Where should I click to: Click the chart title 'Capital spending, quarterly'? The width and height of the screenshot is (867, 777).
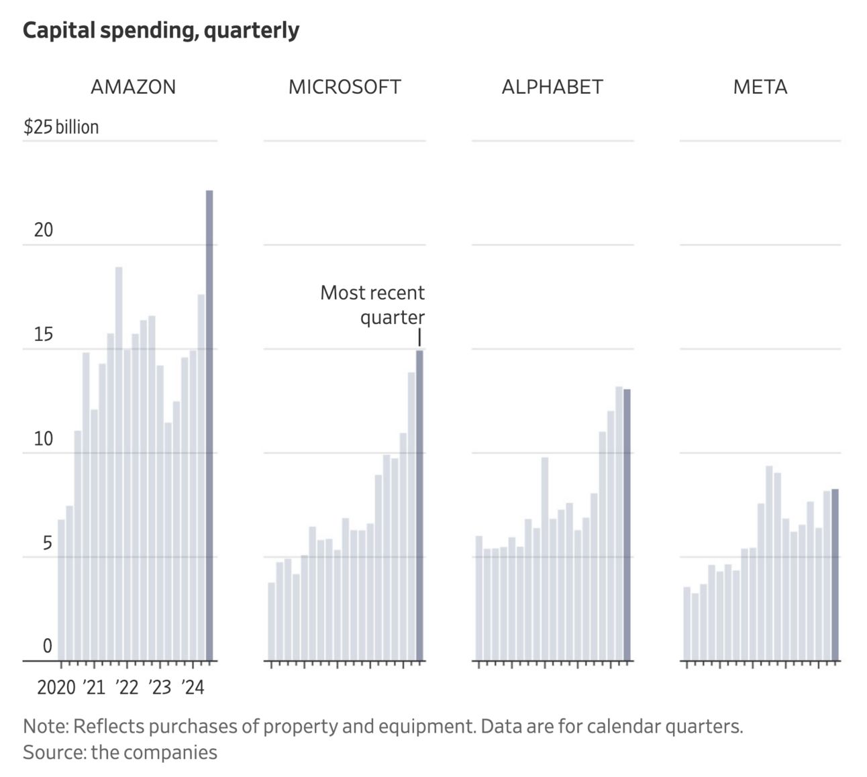(161, 30)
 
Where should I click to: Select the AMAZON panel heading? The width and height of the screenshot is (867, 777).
(133, 87)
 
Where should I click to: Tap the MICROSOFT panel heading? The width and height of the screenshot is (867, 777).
(344, 87)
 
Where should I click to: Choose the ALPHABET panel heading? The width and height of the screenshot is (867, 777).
(552, 87)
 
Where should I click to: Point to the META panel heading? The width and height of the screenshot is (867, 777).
(760, 87)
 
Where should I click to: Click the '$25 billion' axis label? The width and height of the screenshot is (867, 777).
(61, 127)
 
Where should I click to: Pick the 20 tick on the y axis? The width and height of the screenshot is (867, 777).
(43, 230)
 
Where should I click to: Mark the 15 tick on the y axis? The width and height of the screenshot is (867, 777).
(43, 334)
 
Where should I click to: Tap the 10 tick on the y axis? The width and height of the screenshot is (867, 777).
(43, 439)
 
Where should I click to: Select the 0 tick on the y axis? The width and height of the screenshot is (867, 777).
(47, 645)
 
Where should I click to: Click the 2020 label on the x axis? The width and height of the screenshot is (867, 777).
(56, 687)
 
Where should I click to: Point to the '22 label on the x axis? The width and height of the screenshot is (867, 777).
(126, 687)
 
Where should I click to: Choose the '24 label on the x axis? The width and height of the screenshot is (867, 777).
(192, 687)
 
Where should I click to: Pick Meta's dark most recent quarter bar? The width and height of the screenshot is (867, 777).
(835, 574)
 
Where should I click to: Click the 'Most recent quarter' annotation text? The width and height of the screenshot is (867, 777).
(373, 305)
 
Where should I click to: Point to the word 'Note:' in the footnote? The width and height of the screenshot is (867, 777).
(46, 726)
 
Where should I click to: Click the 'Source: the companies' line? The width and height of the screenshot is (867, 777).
(120, 752)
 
